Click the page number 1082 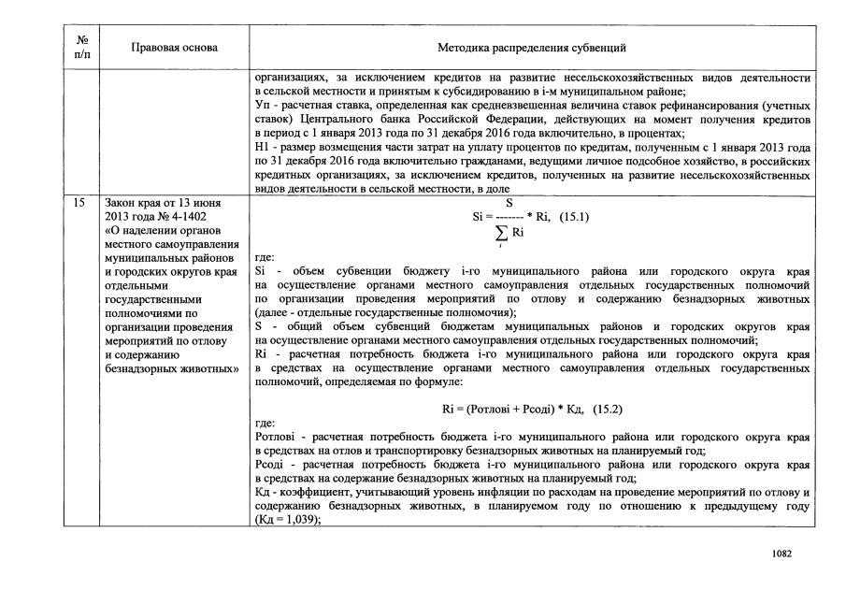[781, 553]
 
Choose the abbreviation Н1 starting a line [262, 148]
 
